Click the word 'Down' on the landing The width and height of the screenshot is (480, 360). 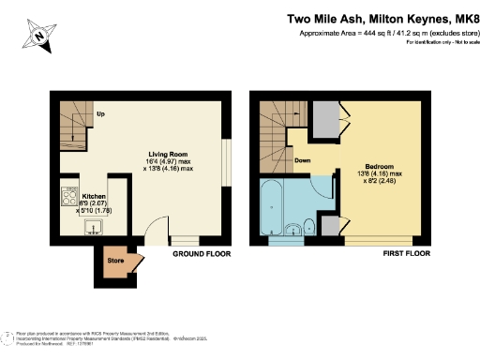303,159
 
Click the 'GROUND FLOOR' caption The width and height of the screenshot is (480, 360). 200,253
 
